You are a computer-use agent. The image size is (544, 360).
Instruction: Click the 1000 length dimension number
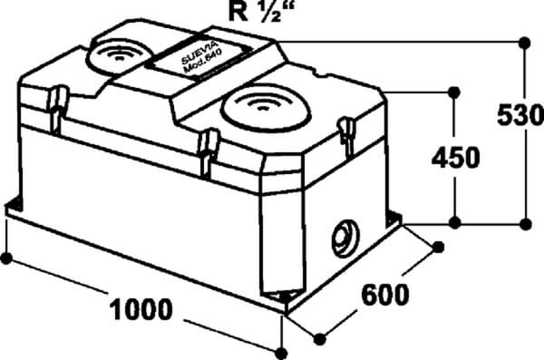(141, 309)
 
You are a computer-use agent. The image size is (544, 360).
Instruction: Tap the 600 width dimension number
(385, 295)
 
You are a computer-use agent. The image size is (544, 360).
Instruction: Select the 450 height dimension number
(455, 158)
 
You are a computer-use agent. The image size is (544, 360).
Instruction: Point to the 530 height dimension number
(520, 115)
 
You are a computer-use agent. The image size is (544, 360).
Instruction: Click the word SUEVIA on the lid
(200, 53)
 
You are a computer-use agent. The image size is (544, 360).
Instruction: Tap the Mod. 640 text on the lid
(203, 61)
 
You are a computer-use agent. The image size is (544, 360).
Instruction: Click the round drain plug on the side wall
(345, 238)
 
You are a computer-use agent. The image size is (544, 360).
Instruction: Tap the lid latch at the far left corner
(57, 108)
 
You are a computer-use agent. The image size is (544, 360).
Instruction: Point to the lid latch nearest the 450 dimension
(346, 135)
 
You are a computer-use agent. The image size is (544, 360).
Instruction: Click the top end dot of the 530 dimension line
(525, 43)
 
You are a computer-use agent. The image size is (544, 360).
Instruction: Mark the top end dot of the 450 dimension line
(454, 92)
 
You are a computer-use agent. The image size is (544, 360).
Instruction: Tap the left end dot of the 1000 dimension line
(6, 258)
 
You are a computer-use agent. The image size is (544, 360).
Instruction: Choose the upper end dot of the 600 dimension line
(439, 248)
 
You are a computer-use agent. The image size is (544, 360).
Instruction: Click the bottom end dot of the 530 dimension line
(526, 224)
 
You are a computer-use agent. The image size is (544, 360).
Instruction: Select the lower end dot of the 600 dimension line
(319, 339)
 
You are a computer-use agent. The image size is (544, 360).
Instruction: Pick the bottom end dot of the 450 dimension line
(455, 223)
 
